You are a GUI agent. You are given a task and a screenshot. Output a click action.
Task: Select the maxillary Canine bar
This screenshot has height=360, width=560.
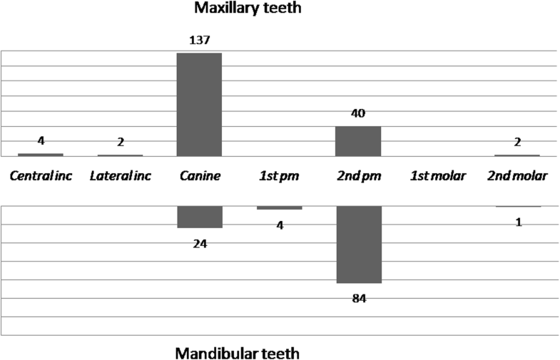pyautogui.click(x=199, y=104)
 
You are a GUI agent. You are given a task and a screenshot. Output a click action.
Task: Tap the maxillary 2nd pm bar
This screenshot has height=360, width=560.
pyautogui.click(x=358, y=141)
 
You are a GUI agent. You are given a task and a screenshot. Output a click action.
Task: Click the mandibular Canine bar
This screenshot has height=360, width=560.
pyautogui.click(x=199, y=217)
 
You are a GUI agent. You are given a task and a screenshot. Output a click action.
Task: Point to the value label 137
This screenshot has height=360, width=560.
pyautogui.click(x=199, y=40)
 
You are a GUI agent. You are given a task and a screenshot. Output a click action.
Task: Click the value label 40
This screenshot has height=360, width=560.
pyautogui.click(x=358, y=113)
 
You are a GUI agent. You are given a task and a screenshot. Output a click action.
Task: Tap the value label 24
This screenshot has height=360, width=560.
pyautogui.click(x=199, y=243)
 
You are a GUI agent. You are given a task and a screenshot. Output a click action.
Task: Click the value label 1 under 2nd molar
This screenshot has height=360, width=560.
pyautogui.click(x=519, y=222)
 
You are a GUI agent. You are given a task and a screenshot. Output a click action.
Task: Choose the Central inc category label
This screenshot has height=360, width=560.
pyautogui.click(x=41, y=175)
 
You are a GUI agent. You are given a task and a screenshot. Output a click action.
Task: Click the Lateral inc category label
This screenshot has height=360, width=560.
pyautogui.click(x=120, y=175)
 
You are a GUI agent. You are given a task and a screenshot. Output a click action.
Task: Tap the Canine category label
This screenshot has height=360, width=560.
pyautogui.click(x=199, y=175)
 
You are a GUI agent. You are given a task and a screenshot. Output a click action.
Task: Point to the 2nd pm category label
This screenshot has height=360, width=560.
pyautogui.click(x=358, y=175)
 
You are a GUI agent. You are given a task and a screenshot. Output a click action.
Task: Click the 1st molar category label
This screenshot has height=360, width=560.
pyautogui.click(x=437, y=175)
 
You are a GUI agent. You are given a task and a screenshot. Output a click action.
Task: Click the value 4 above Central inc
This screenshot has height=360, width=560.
pyautogui.click(x=41, y=140)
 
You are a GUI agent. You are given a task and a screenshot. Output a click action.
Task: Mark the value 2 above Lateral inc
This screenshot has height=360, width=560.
pyautogui.click(x=120, y=142)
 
